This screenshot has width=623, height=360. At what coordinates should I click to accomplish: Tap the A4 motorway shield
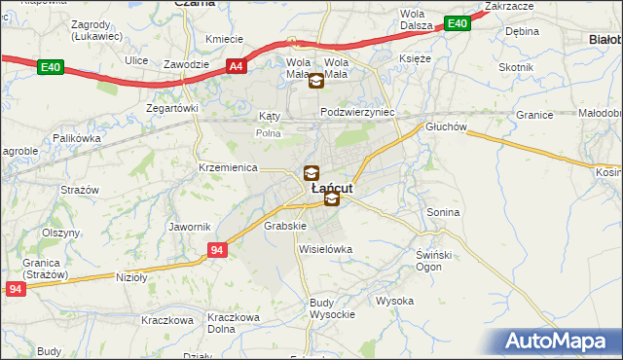click(x=237, y=66)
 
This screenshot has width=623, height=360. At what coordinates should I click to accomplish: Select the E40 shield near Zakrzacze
click(x=456, y=24)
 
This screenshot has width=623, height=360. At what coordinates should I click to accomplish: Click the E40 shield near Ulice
click(x=52, y=66)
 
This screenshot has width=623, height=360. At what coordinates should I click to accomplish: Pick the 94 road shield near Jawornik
click(x=217, y=251)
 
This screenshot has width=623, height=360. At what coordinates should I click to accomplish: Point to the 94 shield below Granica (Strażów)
click(x=14, y=290)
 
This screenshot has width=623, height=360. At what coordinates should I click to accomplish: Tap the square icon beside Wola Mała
click(x=316, y=82)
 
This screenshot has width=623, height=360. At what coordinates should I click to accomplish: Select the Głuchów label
click(x=447, y=126)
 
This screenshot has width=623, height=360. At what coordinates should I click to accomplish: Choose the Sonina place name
click(x=443, y=211)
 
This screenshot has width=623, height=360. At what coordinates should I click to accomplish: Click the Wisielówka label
click(x=325, y=249)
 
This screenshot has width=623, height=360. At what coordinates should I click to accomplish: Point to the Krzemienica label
click(x=226, y=167)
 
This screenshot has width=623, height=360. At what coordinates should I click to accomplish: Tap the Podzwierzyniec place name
click(x=357, y=112)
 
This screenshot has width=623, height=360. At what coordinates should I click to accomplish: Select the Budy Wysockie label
click(x=326, y=308)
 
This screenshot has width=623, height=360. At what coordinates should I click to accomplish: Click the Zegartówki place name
click(x=171, y=108)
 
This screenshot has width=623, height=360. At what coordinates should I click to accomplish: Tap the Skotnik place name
click(x=516, y=67)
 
